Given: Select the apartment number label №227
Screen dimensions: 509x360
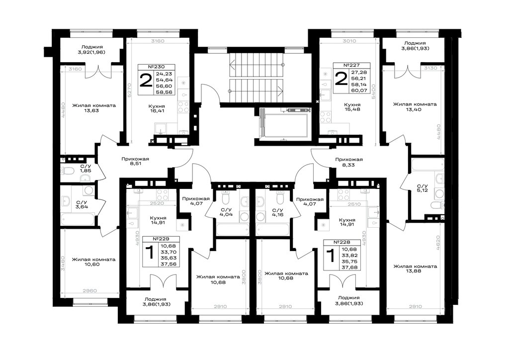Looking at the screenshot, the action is [x=351, y=65].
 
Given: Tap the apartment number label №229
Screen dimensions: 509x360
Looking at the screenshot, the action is [x=161, y=239].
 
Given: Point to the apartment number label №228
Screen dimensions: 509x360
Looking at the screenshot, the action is [x=342, y=243].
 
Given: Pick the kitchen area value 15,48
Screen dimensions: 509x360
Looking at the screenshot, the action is [x=352, y=109].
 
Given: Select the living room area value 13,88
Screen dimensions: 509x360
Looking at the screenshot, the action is [x=415, y=271].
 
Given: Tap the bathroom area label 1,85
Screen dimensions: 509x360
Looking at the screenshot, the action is [x=85, y=171].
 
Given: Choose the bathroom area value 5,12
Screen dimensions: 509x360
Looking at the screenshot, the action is [x=423, y=190].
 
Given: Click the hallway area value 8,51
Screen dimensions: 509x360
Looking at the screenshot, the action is [x=135, y=164].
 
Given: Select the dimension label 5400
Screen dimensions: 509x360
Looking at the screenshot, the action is [x=374, y=91].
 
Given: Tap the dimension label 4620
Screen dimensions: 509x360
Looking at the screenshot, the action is [x=438, y=242].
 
